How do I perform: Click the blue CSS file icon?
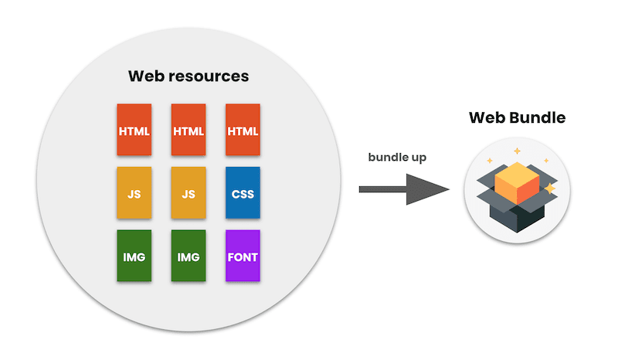[x=243, y=193]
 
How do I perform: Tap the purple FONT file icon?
[x=243, y=256]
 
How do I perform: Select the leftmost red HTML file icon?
[x=134, y=130]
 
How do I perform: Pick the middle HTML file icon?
[x=188, y=130]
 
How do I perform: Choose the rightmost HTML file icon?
[x=243, y=130]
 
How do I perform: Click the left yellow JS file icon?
[x=134, y=193]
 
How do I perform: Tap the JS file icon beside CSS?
[x=188, y=193]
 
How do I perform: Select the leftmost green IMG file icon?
[x=134, y=256]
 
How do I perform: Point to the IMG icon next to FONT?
[x=188, y=256]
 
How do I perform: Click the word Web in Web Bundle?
[x=488, y=118]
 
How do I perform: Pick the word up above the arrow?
[x=418, y=158]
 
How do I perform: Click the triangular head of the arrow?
[x=430, y=189]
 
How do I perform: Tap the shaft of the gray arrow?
[x=383, y=189]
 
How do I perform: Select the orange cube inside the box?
[x=516, y=182]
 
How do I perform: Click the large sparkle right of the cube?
[x=550, y=188]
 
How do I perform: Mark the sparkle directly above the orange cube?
[x=517, y=151]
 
